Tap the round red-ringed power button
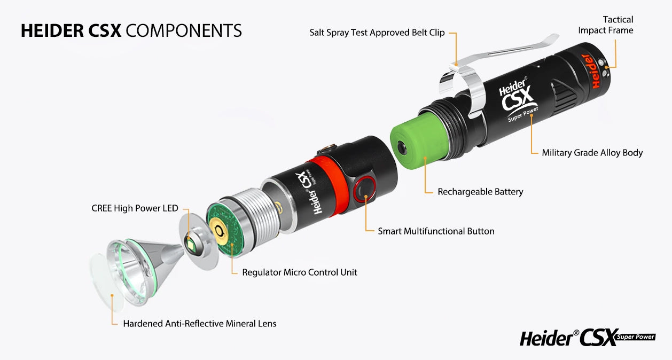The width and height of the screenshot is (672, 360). coord(364,189)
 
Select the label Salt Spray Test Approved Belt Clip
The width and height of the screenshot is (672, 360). coord(377,33)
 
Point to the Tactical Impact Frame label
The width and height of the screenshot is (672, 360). coord(605,25)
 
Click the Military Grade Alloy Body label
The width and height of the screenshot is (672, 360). coord(592,153)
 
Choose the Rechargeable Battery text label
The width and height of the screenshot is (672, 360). coord(480,192)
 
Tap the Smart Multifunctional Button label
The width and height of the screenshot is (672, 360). coord(436,231)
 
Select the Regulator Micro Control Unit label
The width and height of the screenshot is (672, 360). coord(299,272)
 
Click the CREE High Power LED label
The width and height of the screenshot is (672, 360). coord(135,208)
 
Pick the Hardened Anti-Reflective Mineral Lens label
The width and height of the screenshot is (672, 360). coord(199,324)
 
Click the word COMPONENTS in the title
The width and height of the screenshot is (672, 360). coord(184,30)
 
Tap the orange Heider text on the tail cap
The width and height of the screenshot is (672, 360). coord(589,71)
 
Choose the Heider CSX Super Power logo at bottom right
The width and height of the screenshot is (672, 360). coord(588,338)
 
